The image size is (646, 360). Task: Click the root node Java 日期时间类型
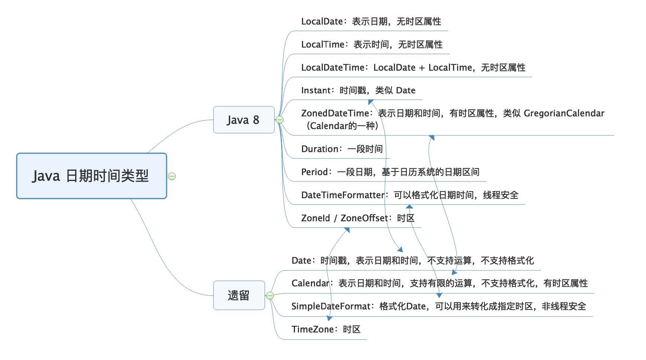pyautogui.click(x=91, y=176)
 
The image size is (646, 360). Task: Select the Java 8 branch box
pyautogui.click(x=244, y=120)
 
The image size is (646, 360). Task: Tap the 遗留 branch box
pyautogui.click(x=239, y=295)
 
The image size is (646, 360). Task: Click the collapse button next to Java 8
pyautogui.click(x=280, y=120)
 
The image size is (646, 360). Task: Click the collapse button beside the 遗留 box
pyautogui.click(x=270, y=296)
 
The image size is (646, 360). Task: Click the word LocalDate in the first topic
pyautogui.click(x=322, y=22)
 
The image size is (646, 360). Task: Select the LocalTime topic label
pyautogui.click(x=322, y=45)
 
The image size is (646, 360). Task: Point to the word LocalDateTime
pyautogui.click(x=332, y=68)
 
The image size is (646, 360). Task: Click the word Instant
pyautogui.click(x=315, y=90)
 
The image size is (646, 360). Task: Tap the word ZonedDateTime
pyautogui.click(x=335, y=113)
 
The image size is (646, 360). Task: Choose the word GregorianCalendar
pyautogui.click(x=564, y=113)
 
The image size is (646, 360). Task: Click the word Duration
pyautogui.click(x=319, y=149)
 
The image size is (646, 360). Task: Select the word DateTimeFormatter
pyautogui.click(x=343, y=195)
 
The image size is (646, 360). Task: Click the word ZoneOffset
pyautogui.click(x=364, y=218)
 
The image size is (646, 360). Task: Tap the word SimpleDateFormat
pyautogui.click(x=331, y=306)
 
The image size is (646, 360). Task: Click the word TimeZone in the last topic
pyautogui.click(x=312, y=330)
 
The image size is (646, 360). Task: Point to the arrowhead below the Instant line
pyautogui.click(x=370, y=102)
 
